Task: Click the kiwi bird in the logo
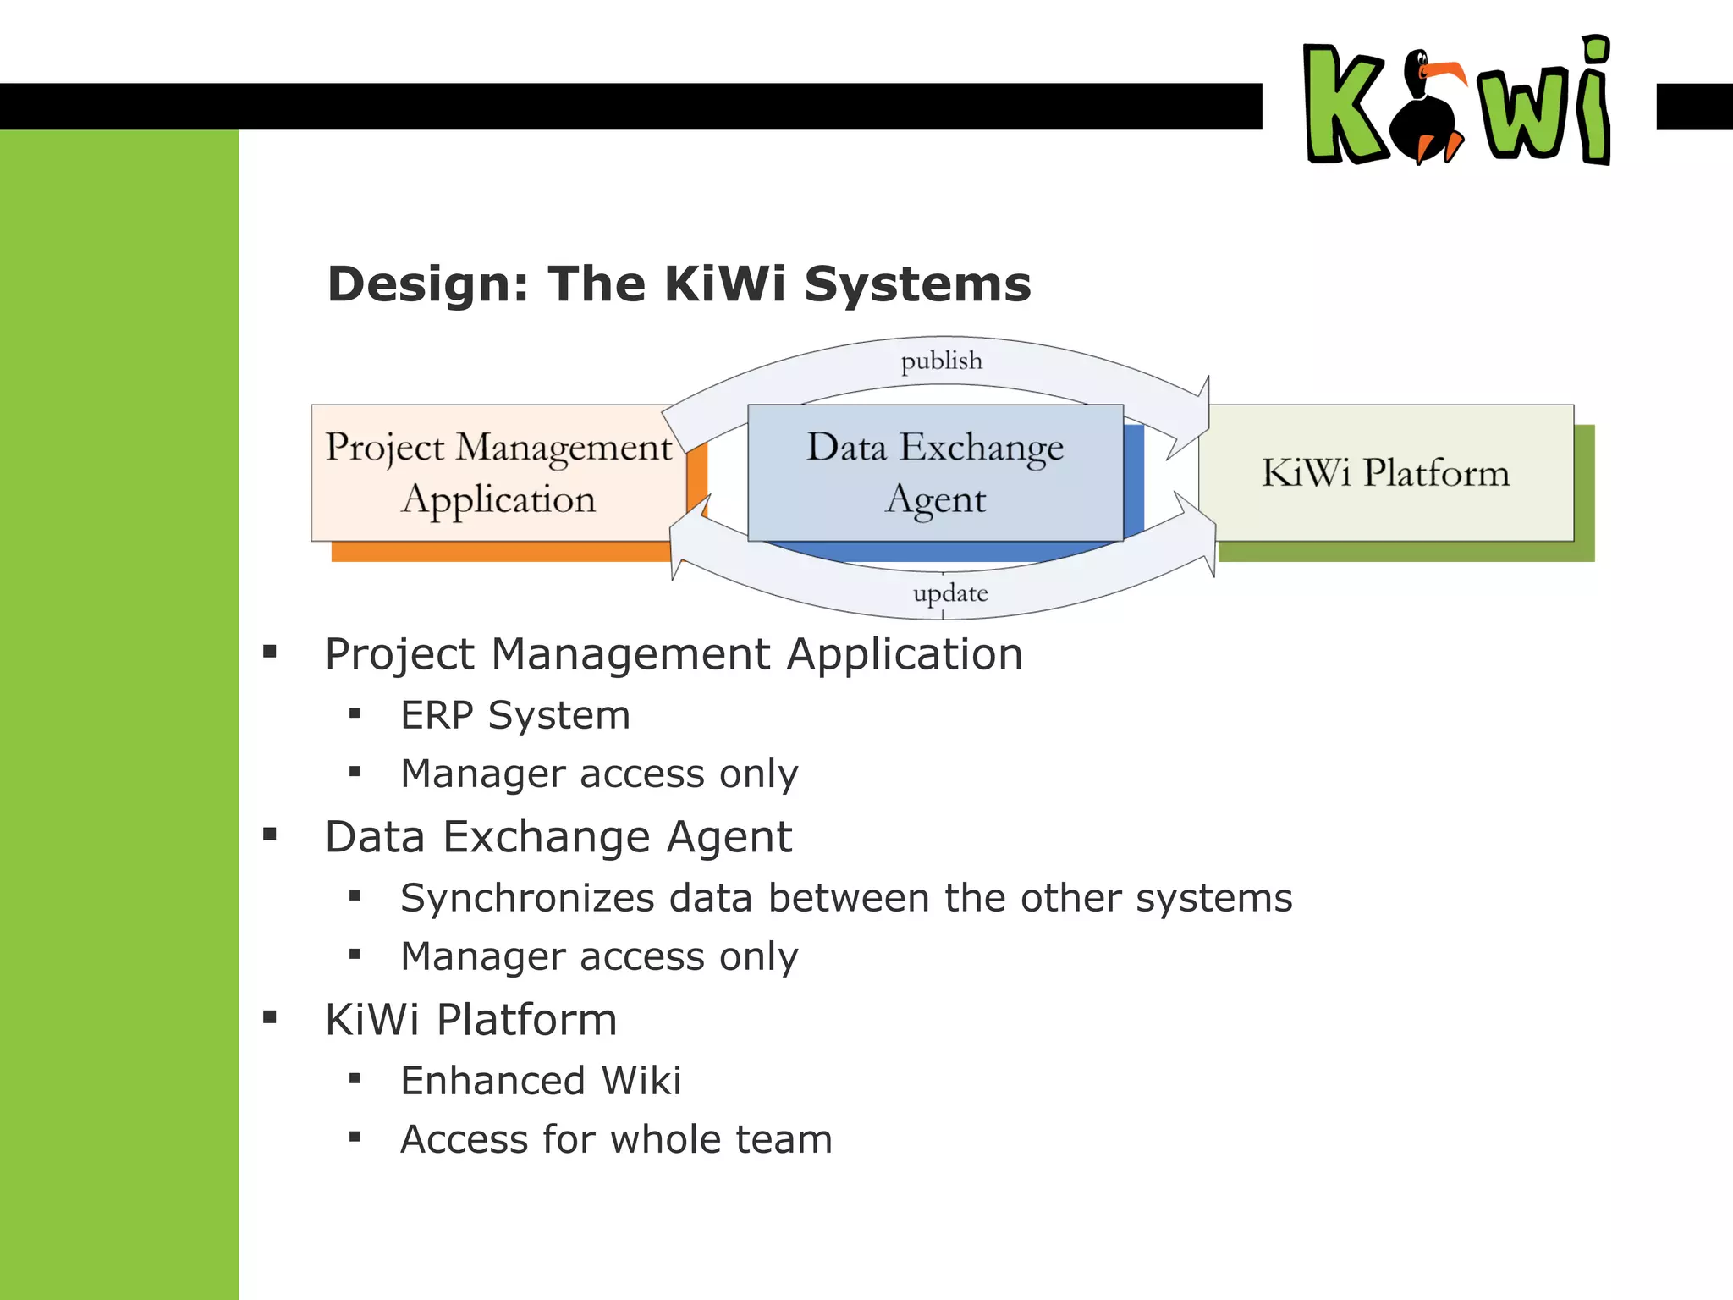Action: click(1430, 110)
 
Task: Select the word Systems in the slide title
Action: click(917, 284)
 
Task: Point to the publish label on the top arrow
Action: click(941, 361)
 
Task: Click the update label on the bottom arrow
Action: click(949, 593)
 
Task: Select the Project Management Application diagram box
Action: click(498, 473)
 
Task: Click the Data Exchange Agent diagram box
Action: click(935, 473)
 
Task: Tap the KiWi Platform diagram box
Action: click(1385, 473)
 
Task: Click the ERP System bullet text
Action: click(515, 716)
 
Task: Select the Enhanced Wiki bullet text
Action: click(541, 1082)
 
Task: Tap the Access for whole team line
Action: click(616, 1140)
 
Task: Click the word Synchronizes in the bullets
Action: click(527, 899)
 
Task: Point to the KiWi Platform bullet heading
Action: click(471, 1020)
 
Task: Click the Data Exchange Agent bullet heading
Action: click(558, 837)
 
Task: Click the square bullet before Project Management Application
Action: click(270, 652)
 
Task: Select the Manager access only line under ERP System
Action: click(599, 774)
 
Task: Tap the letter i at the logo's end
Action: click(1595, 102)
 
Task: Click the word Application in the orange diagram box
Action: click(498, 499)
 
